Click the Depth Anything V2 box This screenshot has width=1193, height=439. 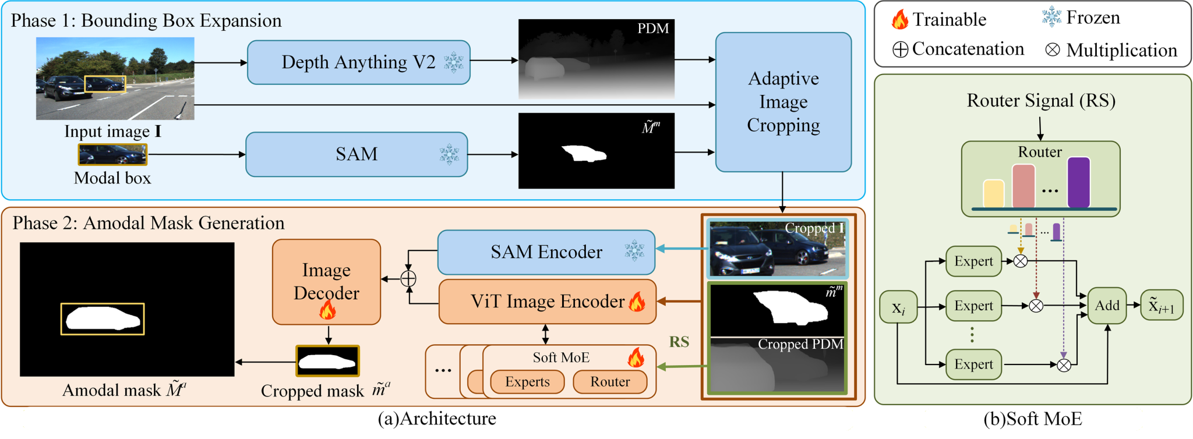click(x=359, y=62)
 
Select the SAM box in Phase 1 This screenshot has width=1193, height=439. click(x=357, y=154)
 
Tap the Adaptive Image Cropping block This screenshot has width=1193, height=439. click(x=783, y=102)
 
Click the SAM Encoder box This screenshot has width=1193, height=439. click(x=546, y=252)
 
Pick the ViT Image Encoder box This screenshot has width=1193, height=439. click(x=548, y=302)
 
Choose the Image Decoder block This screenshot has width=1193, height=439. click(x=326, y=282)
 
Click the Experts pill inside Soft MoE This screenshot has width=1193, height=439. click(x=527, y=382)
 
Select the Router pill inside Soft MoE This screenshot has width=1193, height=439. click(x=610, y=382)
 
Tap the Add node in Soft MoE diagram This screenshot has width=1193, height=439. click(x=1107, y=305)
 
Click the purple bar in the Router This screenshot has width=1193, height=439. click(x=1078, y=182)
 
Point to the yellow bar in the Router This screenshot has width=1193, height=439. click(x=994, y=193)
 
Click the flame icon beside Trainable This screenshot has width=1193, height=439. click(x=900, y=19)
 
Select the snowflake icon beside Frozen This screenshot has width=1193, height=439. click(x=1051, y=17)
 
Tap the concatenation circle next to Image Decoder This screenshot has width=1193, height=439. click(x=408, y=279)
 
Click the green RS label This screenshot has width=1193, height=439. click(x=679, y=342)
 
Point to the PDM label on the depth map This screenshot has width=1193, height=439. click(x=653, y=29)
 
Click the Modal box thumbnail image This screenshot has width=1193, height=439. click(x=112, y=155)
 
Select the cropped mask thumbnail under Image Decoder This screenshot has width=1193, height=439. click(x=327, y=361)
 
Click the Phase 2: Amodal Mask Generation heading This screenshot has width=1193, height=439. click(x=149, y=223)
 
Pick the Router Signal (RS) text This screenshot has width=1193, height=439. click(x=1041, y=101)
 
